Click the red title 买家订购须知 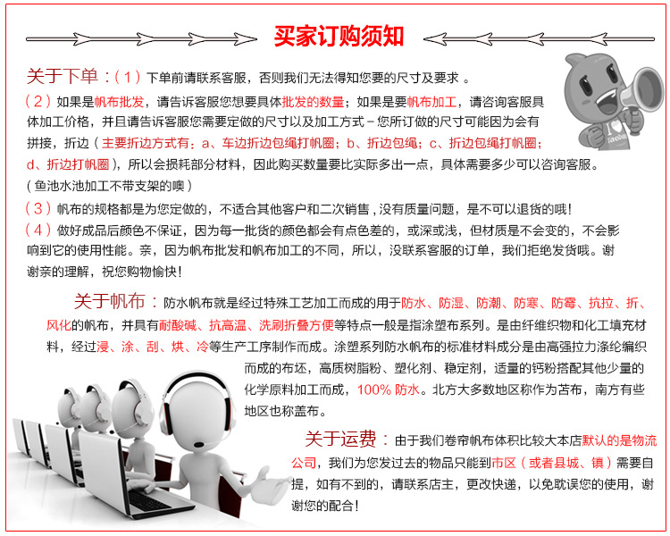coord(339,36)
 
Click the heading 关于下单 coord(63,77)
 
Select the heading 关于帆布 coord(109,301)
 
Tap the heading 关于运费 coord(340,439)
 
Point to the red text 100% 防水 coord(388,389)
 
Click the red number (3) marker coord(38,208)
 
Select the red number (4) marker coord(38,230)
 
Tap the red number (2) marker coord(38,101)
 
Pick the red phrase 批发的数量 coord(314,102)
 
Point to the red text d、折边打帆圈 coord(68,164)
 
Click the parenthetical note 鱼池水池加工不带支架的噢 coord(109,186)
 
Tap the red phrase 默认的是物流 coord(619,440)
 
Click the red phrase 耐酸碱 coord(178,326)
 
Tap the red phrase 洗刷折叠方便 coord(296,326)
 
